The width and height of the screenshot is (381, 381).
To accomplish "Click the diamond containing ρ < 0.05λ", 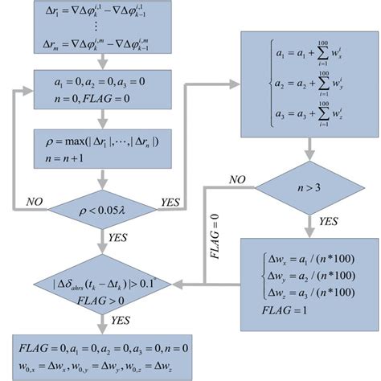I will [x=100, y=212].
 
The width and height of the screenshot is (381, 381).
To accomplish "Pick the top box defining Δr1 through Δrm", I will [x=100, y=25].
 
